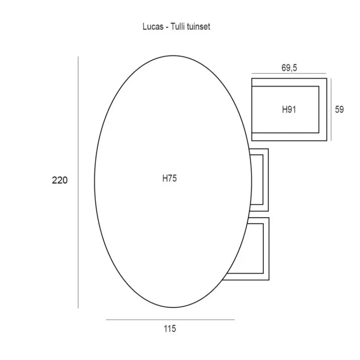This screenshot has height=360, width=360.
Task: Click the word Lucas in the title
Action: [x=153, y=27]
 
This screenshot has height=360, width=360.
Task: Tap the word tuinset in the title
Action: [x=199, y=27]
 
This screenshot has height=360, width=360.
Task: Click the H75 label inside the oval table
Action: [x=169, y=178]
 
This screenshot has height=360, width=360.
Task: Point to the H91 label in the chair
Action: [x=289, y=109]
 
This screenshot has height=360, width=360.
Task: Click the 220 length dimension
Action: [x=60, y=180]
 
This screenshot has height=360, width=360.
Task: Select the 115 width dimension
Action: [x=170, y=329]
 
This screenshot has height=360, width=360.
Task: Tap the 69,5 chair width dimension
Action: [x=289, y=68]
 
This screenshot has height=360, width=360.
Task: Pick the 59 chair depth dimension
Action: [x=339, y=109]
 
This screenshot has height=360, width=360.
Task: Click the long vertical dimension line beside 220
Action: [x=78, y=183]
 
